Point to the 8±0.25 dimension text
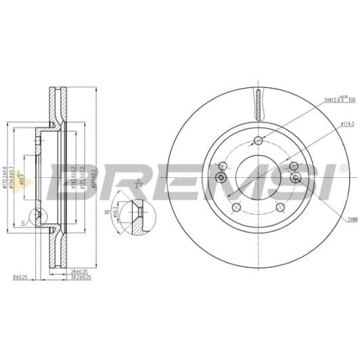(20, 277)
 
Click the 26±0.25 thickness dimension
(78, 272)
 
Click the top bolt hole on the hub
(258, 141)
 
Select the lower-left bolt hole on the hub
(235, 207)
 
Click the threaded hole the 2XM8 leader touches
(296, 177)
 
